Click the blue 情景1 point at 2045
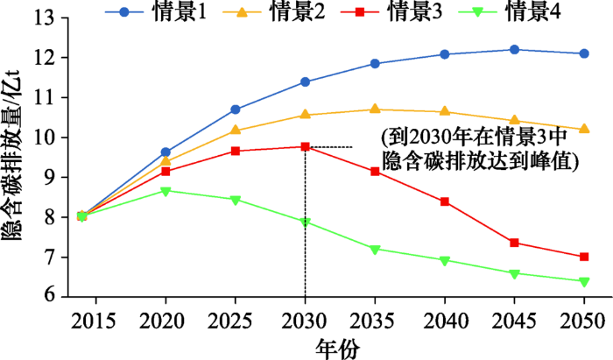coord(514,50)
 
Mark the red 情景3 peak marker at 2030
coord(305,146)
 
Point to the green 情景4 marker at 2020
coord(166,190)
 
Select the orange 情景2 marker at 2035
coord(375,109)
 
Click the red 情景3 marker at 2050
coord(584,257)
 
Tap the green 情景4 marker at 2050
coord(584,281)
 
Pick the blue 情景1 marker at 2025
coord(236,109)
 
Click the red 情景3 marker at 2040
coord(445,201)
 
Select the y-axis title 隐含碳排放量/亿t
coord(13,158)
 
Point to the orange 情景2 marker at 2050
coord(584,129)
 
